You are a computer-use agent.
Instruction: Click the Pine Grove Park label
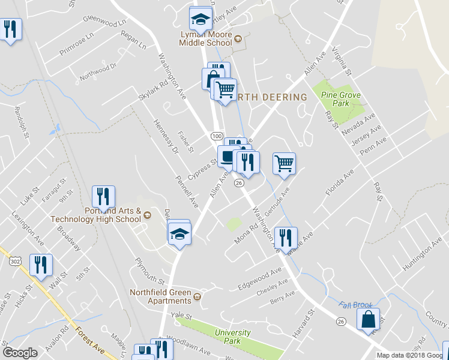coord(336,99)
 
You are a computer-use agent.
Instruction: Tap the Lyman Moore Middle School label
coord(206,39)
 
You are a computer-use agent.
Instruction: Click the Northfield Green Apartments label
coord(161,296)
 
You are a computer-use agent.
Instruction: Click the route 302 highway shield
coord(16,259)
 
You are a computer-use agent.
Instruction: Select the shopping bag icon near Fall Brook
coord(369,320)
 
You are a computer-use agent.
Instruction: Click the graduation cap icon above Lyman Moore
coord(200,20)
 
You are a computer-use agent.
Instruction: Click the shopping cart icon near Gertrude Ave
coord(284,162)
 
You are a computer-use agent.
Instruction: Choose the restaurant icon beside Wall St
coord(41,265)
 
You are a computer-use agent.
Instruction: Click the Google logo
coord(20,353)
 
